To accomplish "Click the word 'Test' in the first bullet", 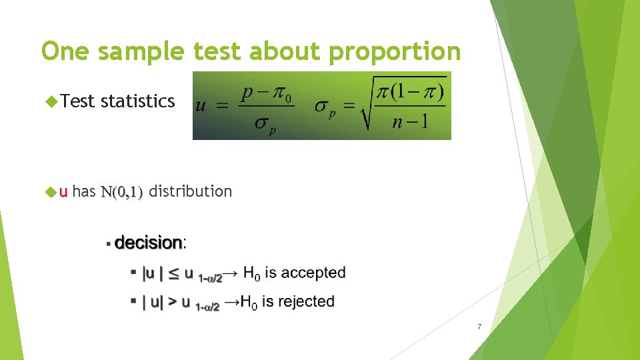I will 77,101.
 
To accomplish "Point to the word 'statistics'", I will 137,101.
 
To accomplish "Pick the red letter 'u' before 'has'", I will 63,192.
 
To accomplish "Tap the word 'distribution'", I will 190,191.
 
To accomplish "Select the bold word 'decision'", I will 148,243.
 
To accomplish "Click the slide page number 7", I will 479,327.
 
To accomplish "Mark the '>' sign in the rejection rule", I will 173,302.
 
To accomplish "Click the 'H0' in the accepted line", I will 251,273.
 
